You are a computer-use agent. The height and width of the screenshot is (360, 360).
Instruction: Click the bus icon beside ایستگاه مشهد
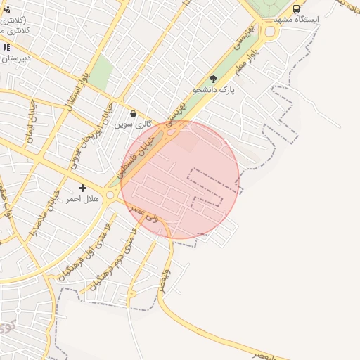[x=296, y=8]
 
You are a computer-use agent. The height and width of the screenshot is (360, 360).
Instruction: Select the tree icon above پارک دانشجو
[x=214, y=79]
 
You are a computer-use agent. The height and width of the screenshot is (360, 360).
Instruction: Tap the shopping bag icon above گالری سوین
[x=133, y=113]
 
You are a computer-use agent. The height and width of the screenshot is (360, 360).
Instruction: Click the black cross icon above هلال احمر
[x=83, y=188]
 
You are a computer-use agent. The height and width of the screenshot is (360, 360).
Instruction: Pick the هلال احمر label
[x=83, y=200]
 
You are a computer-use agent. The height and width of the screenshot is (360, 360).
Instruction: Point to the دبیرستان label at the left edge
[x=14, y=59]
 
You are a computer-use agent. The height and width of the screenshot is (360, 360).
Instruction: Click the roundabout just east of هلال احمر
[x=110, y=195]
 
